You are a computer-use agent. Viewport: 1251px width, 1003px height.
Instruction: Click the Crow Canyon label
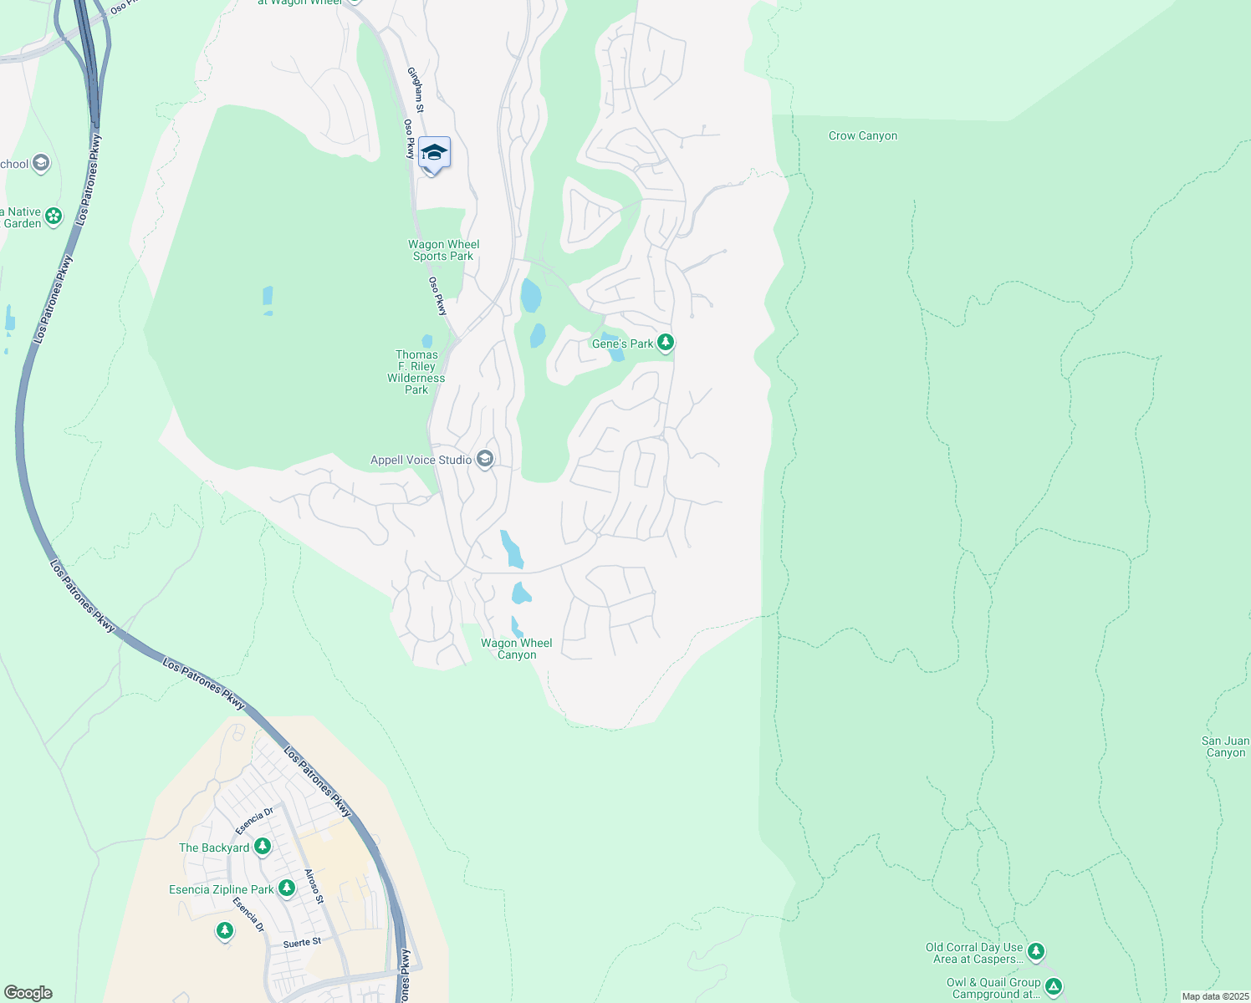pos(862,135)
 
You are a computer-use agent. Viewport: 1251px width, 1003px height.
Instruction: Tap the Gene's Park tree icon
pos(666,342)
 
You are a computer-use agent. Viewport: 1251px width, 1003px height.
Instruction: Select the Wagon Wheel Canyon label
pos(517,649)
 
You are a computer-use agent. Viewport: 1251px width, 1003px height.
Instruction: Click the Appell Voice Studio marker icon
pos(485,459)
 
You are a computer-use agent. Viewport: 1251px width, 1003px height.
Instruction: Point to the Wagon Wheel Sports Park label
pos(443,250)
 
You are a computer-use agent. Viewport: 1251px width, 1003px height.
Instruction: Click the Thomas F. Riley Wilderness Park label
pos(416,372)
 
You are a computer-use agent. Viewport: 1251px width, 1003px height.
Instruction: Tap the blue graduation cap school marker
pos(434,153)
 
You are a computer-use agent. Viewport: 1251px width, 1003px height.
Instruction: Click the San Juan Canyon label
pos(1225,746)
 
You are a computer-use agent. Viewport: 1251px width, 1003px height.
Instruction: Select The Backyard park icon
pos(263,847)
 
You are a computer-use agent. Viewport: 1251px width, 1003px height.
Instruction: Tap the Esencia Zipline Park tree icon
pos(287,888)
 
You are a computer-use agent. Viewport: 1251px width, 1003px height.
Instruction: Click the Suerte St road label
pos(302,943)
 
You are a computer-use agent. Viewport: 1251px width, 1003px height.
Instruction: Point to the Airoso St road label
pos(314,886)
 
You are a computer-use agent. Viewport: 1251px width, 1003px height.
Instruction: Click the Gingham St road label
pos(416,89)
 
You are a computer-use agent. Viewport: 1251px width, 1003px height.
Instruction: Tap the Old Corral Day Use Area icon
pos(1036,951)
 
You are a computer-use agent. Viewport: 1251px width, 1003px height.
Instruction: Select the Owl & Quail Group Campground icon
pos(1054,987)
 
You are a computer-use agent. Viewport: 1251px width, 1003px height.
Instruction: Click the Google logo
pos(28,993)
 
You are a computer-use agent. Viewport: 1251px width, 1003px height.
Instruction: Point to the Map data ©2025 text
pos(1215,996)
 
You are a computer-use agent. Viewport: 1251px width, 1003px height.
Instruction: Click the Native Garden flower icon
pos(54,216)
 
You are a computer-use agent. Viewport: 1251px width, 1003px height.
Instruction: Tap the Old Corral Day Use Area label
pos(974,953)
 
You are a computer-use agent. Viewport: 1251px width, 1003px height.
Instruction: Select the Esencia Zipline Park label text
pos(221,889)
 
